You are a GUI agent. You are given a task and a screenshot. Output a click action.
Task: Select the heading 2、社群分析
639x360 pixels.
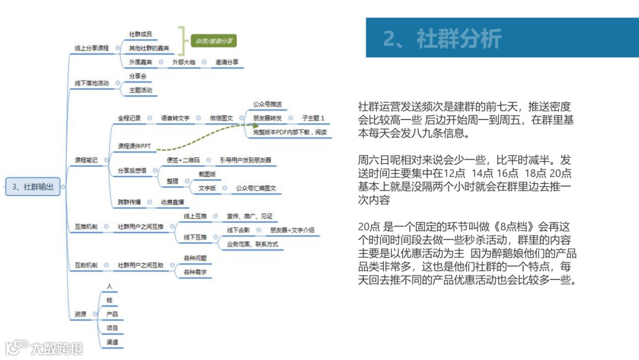coord(442,38)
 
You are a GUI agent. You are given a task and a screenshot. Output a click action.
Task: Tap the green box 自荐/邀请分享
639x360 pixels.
coord(213,41)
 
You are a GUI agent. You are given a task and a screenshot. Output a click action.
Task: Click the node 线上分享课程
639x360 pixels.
coord(92,48)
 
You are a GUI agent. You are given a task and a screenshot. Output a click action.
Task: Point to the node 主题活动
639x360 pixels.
coord(141,91)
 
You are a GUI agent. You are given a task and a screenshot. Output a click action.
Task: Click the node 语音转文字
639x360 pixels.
coord(175,118)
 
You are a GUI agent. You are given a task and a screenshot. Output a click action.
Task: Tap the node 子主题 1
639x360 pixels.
coord(314,118)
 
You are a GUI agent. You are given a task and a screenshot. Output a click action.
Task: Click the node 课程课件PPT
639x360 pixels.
coord(134,146)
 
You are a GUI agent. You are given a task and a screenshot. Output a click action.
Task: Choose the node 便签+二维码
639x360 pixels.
coord(183,160)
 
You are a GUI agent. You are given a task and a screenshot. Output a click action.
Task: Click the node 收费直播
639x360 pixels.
coord(175,202)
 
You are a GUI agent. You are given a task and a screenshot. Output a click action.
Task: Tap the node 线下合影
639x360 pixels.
coord(238,230)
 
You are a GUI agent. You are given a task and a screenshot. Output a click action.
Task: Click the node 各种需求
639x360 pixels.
coord(195,272)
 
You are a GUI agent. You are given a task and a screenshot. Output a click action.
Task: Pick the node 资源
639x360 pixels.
coord(80,314)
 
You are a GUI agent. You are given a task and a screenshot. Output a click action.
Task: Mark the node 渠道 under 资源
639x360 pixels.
coord(112,342)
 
